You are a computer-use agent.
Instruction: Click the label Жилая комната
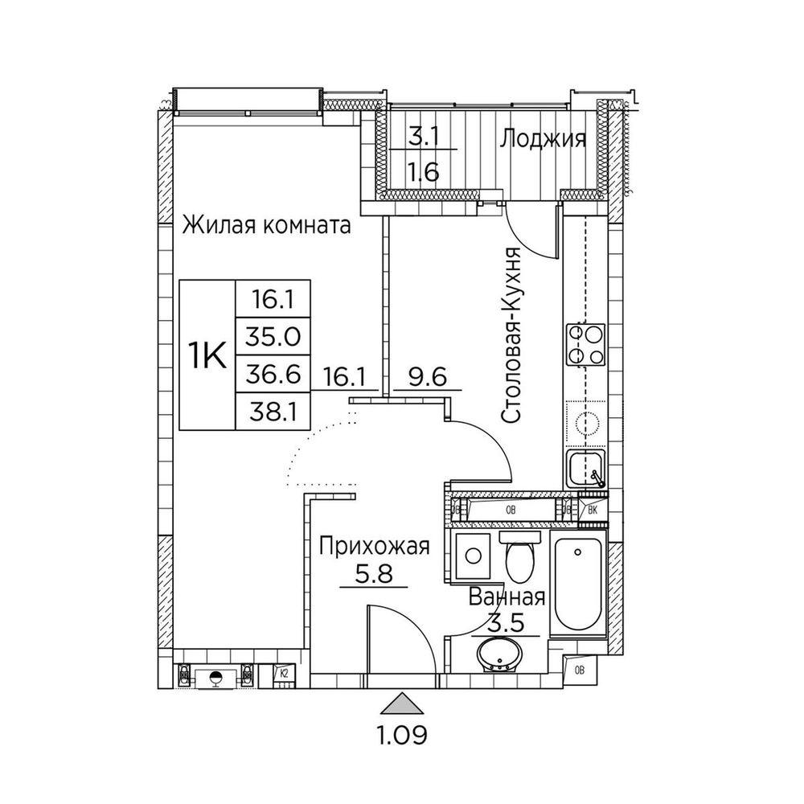[x=266, y=225]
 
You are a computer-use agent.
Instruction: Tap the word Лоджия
[x=542, y=139]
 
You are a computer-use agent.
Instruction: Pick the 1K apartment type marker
[x=207, y=354]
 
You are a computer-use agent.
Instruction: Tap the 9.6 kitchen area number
[x=427, y=375]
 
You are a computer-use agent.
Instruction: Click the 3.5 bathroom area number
[x=507, y=623]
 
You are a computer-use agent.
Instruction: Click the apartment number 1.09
[x=402, y=734]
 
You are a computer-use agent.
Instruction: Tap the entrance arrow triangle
[x=402, y=705]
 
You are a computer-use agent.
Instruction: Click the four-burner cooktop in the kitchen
[x=585, y=343]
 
